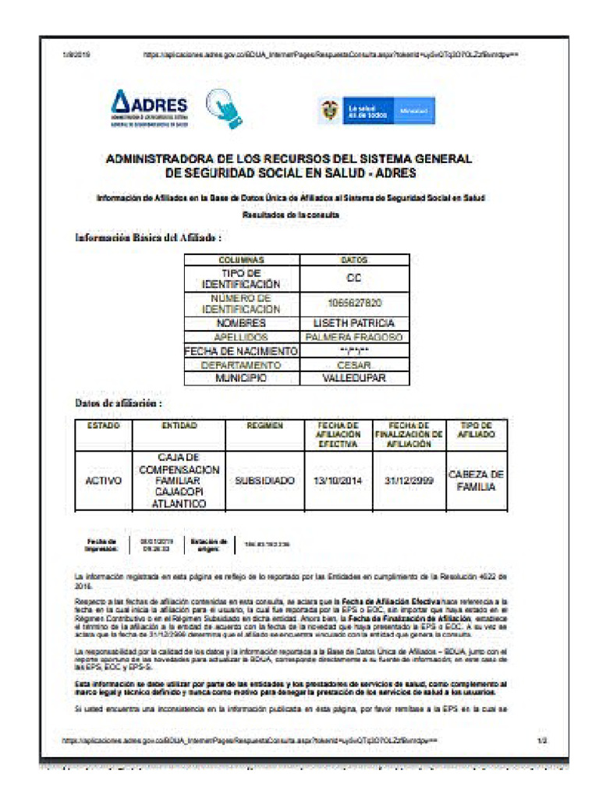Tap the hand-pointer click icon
[x=223, y=109]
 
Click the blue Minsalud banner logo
[x=377, y=111]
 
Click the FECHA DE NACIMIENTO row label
[x=241, y=351]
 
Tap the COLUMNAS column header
[x=241, y=260]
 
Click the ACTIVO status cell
[x=103, y=481]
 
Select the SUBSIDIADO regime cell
[x=264, y=481]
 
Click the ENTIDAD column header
[x=179, y=426]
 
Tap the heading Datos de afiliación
[x=118, y=403]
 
